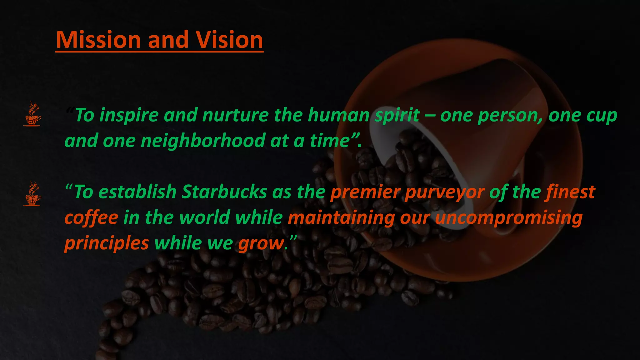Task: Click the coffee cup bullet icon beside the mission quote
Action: click(32, 114)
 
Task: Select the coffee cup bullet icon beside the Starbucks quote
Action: click(32, 193)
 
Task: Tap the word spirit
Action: click(397, 115)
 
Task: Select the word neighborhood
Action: click(203, 141)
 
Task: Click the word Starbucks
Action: click(224, 192)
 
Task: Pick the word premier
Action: click(365, 192)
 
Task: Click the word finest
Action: click(570, 192)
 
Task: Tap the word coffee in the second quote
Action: click(91, 218)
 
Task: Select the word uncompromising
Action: click(509, 218)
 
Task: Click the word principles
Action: click(107, 243)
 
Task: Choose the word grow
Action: click(261, 243)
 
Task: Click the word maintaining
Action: click(341, 218)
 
